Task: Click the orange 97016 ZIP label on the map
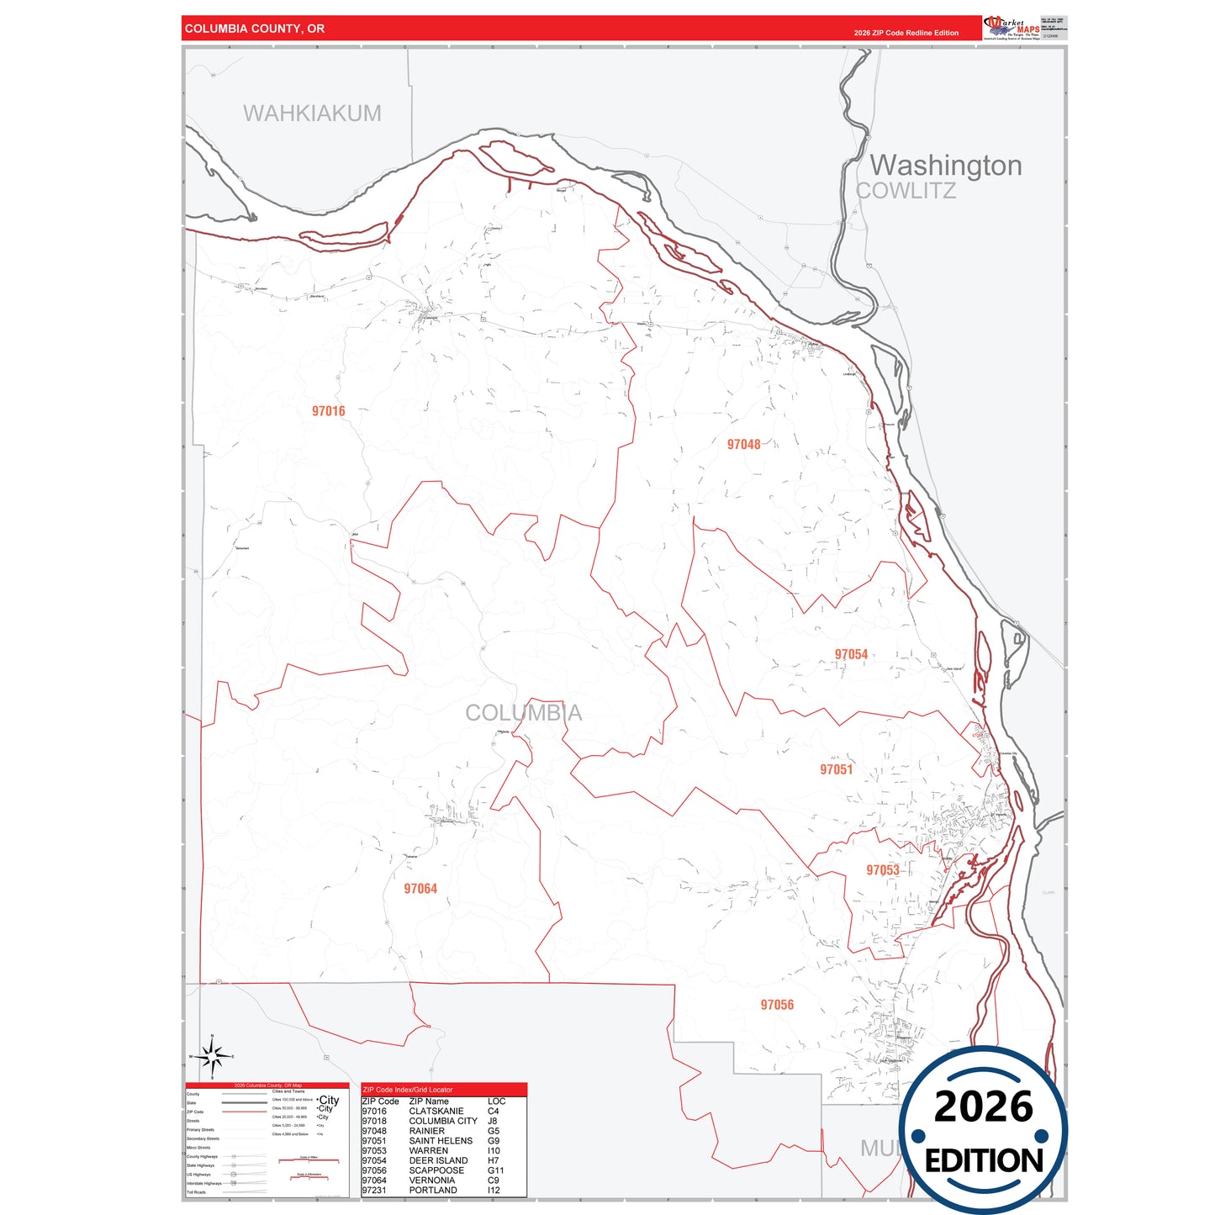pyautogui.click(x=328, y=411)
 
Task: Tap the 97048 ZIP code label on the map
pyautogui.click(x=743, y=444)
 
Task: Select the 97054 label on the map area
pyautogui.click(x=851, y=654)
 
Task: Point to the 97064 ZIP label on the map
pyautogui.click(x=420, y=889)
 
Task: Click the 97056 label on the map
pyautogui.click(x=777, y=1005)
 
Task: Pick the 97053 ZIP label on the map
pyautogui.click(x=883, y=870)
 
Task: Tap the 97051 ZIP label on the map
pyautogui.click(x=836, y=769)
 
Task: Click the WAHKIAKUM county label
pyautogui.click(x=312, y=114)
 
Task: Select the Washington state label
pyautogui.click(x=945, y=166)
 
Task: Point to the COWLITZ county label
pyautogui.click(x=906, y=191)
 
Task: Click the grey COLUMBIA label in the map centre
pyautogui.click(x=523, y=713)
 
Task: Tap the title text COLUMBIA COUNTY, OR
pyautogui.click(x=255, y=29)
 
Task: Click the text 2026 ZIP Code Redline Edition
pyautogui.click(x=906, y=33)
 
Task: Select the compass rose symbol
pyautogui.click(x=212, y=1056)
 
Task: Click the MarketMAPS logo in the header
pyautogui.click(x=1012, y=28)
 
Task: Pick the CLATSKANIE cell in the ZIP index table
pyautogui.click(x=436, y=1112)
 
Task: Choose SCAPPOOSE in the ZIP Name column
pyautogui.click(x=436, y=1170)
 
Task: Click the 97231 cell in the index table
pyautogui.click(x=374, y=1191)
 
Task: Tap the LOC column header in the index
pyautogui.click(x=496, y=1101)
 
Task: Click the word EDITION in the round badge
pyautogui.click(x=983, y=1161)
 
